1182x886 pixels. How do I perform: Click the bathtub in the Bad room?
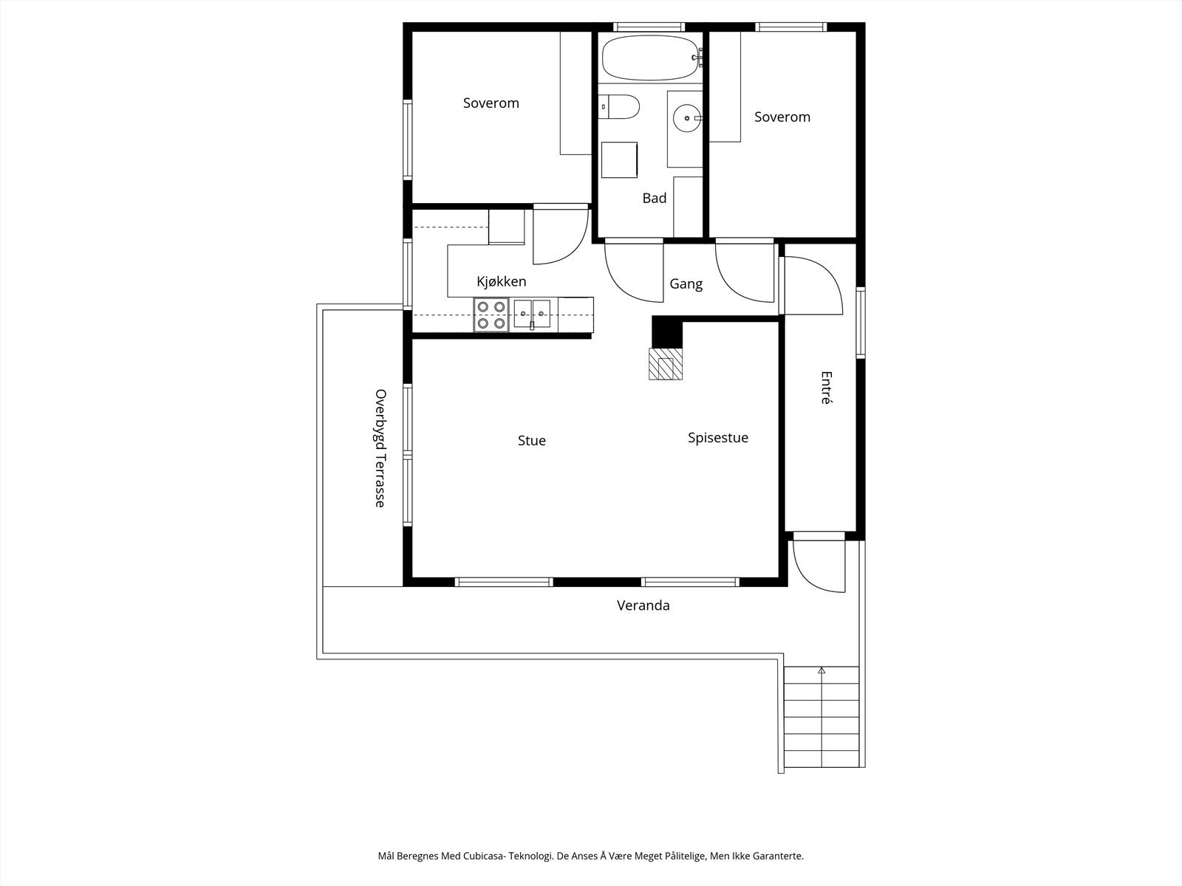point(649,57)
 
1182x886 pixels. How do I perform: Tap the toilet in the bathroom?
point(619,106)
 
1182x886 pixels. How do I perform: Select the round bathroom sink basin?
point(687,118)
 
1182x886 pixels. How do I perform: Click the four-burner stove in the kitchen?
point(491,315)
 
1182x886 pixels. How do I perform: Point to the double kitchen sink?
point(532,315)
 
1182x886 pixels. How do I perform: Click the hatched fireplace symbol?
point(666,364)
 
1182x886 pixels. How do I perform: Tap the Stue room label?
point(531,441)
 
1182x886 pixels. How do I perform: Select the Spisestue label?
point(718,438)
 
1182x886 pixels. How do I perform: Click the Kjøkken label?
point(502,281)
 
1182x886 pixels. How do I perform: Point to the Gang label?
point(686,284)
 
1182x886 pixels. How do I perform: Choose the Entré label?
point(826,388)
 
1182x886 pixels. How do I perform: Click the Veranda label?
point(643,605)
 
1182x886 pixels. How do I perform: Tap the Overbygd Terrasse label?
point(380,448)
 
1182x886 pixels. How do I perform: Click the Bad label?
point(655,199)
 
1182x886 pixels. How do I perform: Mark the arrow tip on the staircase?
point(821,667)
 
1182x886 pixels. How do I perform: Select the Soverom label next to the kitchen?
point(491,103)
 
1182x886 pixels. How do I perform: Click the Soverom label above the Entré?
point(782,117)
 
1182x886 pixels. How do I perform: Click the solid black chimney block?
point(667,332)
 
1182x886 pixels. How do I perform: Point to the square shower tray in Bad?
point(619,159)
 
